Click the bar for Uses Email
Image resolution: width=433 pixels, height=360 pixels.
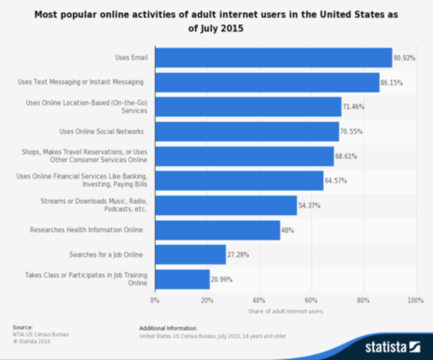coord(273,57)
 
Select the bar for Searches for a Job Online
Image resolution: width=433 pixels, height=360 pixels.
coord(190,254)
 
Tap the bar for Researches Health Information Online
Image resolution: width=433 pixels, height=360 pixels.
coord(217,230)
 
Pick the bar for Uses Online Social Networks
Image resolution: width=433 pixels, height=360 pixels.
coord(247,131)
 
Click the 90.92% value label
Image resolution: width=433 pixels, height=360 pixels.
coord(404,58)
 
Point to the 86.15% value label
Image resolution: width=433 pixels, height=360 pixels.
coord(391,82)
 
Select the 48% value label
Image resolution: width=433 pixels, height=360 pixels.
coord(287,230)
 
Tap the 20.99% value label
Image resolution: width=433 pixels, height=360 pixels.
coord(221,279)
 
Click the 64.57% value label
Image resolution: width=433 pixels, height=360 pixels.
coord(336,181)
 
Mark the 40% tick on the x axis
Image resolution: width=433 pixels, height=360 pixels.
coord(259,300)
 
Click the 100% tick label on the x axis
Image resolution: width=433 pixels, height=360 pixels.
coord(415,300)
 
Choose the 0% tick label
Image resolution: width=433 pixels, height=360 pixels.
coord(155,300)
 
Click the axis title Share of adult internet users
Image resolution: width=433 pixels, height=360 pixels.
coord(285,311)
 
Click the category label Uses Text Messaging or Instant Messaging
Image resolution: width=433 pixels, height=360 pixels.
coord(81,82)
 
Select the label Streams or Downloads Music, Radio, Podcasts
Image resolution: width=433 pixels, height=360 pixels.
coord(94,205)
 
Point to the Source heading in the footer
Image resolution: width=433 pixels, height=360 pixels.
coord(22,327)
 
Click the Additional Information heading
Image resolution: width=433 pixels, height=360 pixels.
coord(168,328)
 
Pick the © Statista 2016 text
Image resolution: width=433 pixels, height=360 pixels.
coord(31,341)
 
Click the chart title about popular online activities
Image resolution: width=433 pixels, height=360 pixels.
coord(216,22)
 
